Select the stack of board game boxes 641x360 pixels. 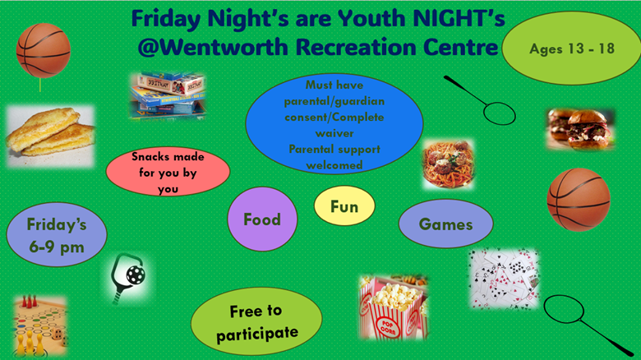coord(167,95)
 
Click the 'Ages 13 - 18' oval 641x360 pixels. coord(572,49)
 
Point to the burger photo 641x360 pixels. coord(579,128)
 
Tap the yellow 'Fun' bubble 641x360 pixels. coord(344,207)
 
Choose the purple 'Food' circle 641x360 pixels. coord(261,219)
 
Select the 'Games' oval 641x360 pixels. coord(445,224)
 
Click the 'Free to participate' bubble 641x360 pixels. coord(256,322)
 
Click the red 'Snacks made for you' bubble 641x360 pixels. coord(167,172)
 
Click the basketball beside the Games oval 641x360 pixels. coord(579,200)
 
